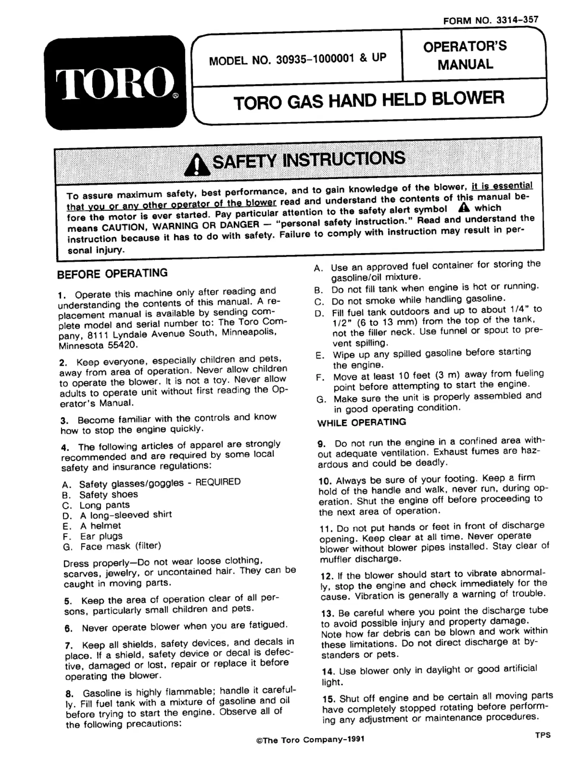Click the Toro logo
coord(115,83)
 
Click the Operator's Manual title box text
coord(465,55)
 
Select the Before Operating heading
coord(112,273)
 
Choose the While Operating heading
coord(361,422)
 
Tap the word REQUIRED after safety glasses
coord(218,482)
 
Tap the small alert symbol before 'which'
coord(464,207)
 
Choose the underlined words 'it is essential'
coord(502,185)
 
